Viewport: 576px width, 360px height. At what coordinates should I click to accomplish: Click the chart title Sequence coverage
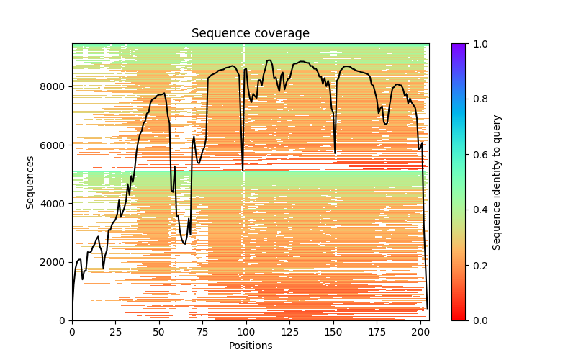pos(251,34)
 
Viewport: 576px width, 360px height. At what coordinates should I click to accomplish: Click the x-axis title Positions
pos(251,346)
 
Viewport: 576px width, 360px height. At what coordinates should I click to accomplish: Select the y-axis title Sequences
pos(30,181)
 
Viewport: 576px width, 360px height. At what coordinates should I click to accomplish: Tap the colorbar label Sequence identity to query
pos(497,181)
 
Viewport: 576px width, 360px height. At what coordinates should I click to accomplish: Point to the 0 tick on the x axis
pos(72,331)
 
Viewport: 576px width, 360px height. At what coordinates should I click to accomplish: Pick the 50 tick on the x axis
pos(159,331)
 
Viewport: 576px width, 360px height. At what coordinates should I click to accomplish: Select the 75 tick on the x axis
pos(203,331)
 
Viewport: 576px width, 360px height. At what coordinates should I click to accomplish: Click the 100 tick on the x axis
pos(246,331)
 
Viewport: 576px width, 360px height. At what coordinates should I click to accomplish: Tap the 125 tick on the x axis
pos(290,331)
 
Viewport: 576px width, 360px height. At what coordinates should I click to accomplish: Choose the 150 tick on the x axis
pos(333,331)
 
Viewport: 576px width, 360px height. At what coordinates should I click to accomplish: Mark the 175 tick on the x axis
pos(377,331)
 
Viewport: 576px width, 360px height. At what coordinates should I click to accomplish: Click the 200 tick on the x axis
pos(420,331)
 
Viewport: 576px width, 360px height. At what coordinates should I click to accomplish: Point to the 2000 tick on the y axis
pos(55,262)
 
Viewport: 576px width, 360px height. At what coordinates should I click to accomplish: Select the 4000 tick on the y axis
pos(55,204)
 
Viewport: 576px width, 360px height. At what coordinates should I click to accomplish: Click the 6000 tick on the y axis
pos(55,145)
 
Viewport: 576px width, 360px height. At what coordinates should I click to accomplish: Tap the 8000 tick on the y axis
pos(55,86)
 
